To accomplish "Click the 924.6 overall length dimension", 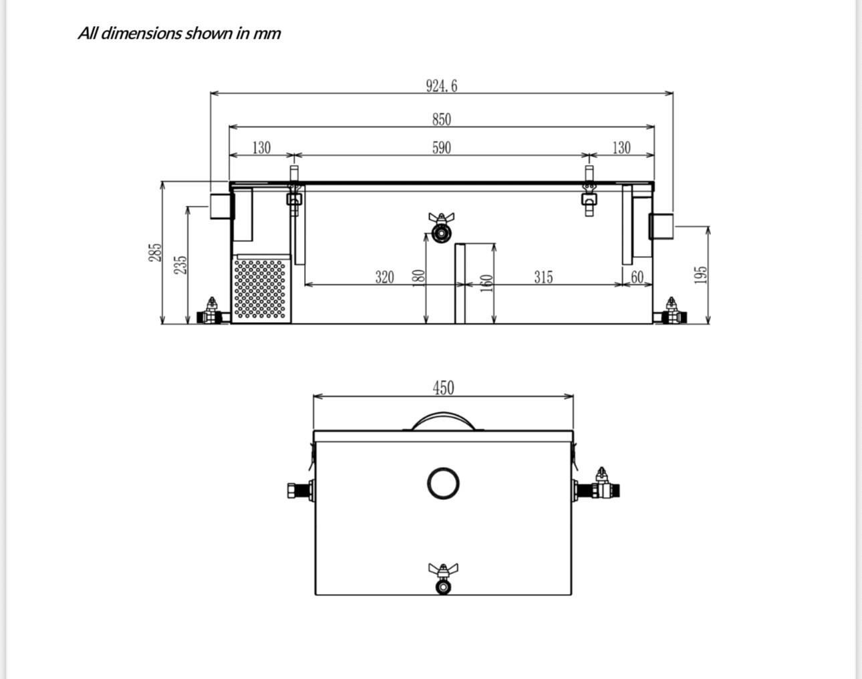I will click(442, 86).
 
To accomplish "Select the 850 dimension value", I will click(441, 120).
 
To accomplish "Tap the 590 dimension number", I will click(441, 148).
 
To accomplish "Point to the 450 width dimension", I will click(443, 388).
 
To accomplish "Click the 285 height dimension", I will click(155, 253).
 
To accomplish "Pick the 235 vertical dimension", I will click(180, 265).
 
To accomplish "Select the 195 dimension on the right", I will click(700, 275).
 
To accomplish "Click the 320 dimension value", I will click(384, 277).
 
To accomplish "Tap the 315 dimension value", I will click(543, 277).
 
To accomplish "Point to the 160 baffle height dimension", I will click(487, 283).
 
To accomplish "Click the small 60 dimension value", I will click(637, 277).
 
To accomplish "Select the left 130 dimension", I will click(261, 148).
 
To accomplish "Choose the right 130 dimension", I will click(621, 148).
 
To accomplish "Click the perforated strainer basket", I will click(261, 289).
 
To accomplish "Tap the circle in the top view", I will click(443, 483).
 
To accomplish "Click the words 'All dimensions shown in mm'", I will click(179, 33).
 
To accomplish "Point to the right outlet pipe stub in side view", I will click(661, 225).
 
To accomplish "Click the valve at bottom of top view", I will click(442, 579).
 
